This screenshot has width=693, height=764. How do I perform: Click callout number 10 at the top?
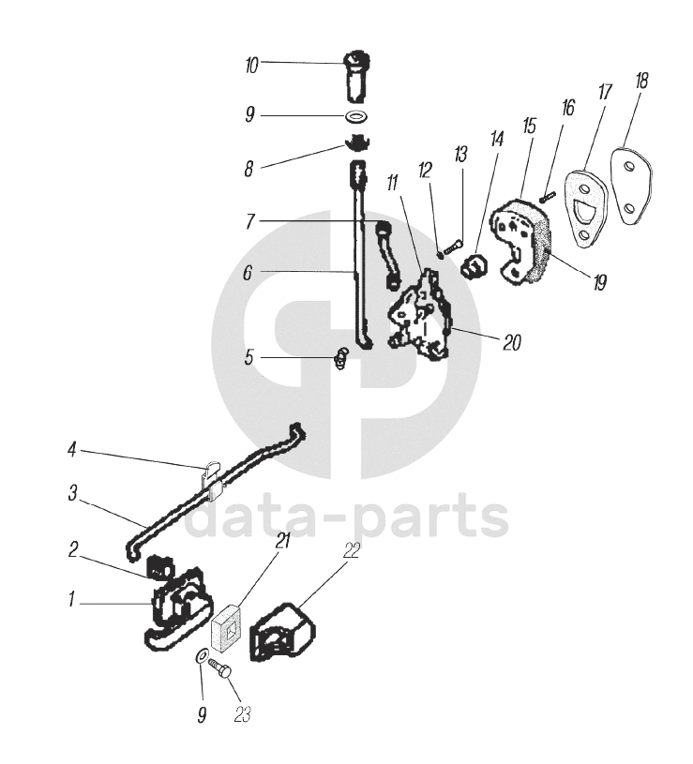point(251,66)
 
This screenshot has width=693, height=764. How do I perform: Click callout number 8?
point(249,169)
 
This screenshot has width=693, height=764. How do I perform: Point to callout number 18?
point(641,82)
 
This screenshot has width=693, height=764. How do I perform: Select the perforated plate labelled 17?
point(583,211)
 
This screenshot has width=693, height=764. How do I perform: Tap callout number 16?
point(568,109)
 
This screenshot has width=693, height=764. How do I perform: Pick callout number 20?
point(511,343)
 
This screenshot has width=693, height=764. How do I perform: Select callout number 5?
point(249,356)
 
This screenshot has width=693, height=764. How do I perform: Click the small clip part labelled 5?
point(342,357)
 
